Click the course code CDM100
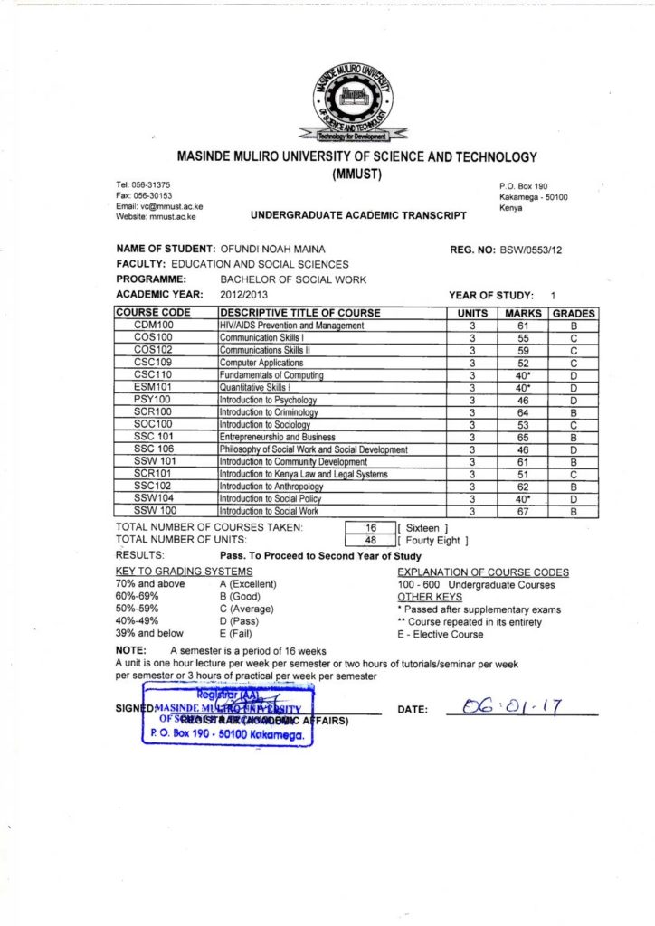[x=153, y=326]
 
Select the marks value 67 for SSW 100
[x=523, y=512]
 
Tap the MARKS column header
[x=523, y=313]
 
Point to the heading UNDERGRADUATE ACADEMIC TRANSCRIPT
[x=358, y=216]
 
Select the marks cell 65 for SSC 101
[x=523, y=437]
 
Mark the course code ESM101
[x=153, y=387]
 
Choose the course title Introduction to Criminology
[x=270, y=412]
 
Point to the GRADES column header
[x=574, y=313]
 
